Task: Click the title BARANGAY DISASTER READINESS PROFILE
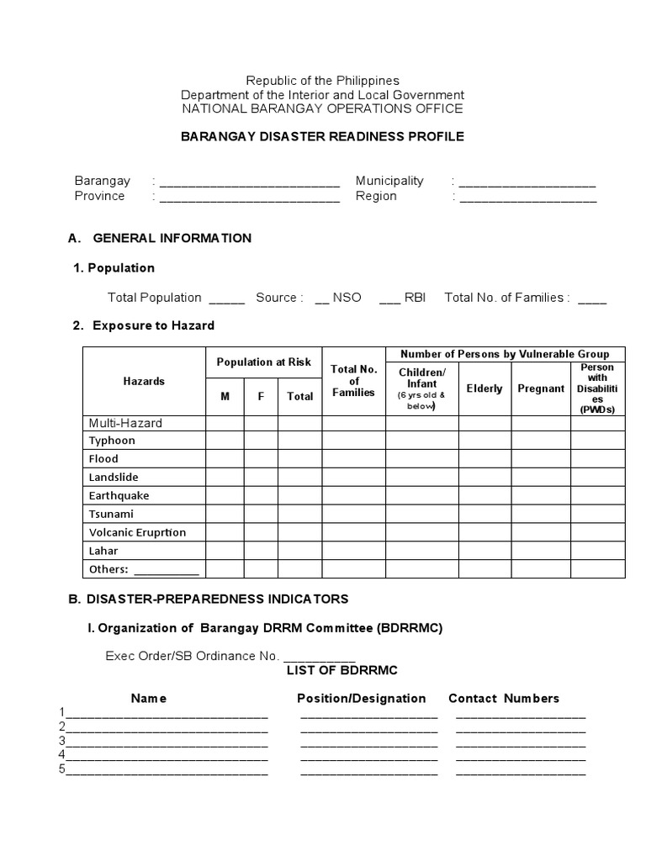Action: (x=322, y=136)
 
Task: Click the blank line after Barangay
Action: (x=249, y=182)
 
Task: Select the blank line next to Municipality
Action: (x=527, y=182)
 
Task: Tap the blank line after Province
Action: (x=249, y=198)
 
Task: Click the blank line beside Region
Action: (x=527, y=198)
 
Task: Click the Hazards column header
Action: (x=144, y=381)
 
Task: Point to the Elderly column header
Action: (x=484, y=388)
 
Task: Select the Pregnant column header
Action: (x=541, y=388)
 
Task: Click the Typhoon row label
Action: (x=112, y=441)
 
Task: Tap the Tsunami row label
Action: (x=111, y=514)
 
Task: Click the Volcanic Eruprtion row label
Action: (x=137, y=532)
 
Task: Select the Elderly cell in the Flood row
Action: (x=484, y=459)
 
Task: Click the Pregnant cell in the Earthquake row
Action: (x=541, y=496)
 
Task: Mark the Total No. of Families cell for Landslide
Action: (x=353, y=478)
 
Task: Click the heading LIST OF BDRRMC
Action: (x=342, y=670)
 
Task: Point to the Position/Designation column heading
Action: (x=361, y=698)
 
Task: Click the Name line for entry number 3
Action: (x=167, y=742)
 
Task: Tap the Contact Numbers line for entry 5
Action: (x=521, y=771)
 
